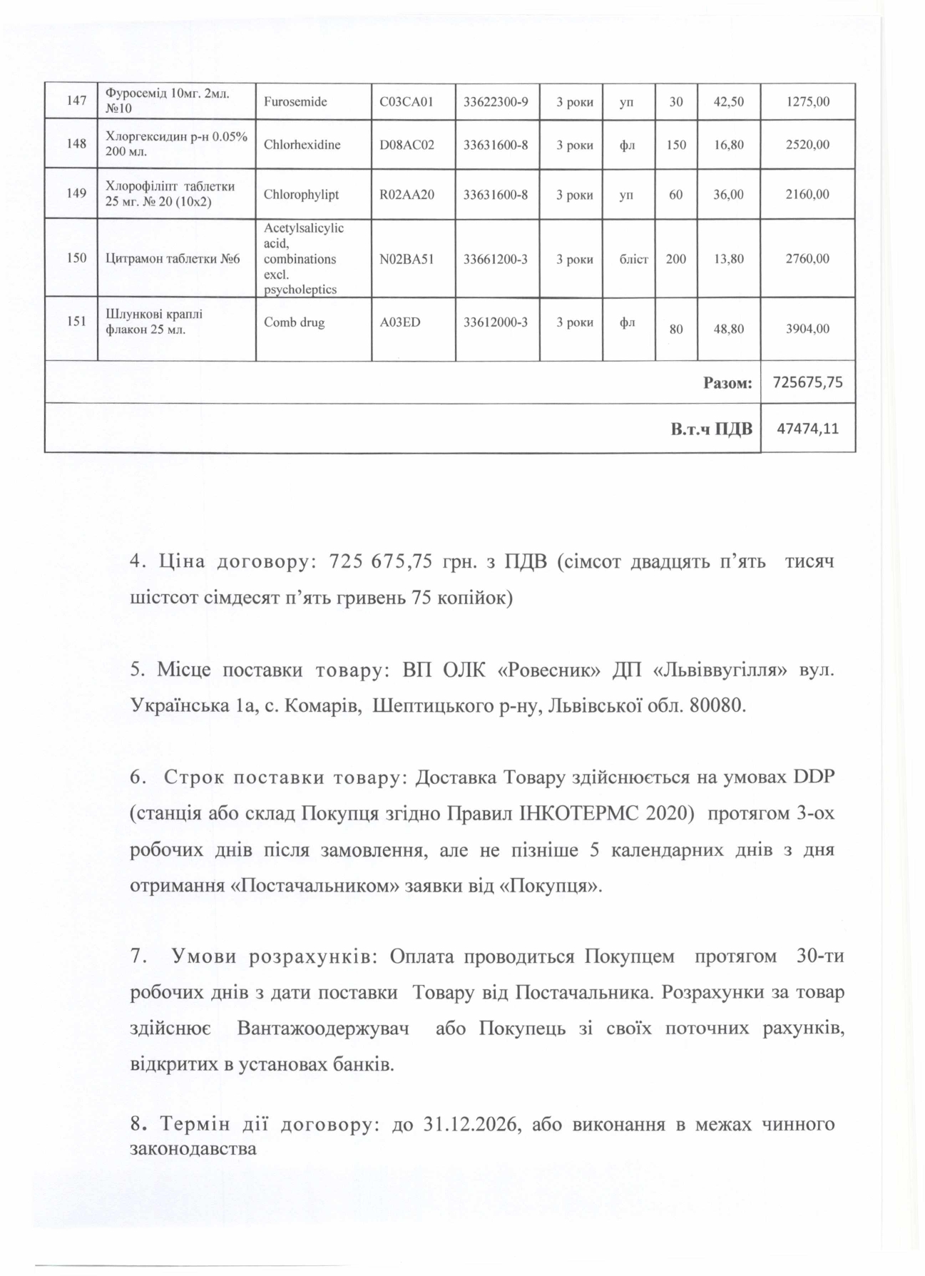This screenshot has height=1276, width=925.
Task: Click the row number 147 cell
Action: [76, 101]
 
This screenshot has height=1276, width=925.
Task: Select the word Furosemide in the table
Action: [295, 101]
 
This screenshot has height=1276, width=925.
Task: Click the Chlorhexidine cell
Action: [302, 144]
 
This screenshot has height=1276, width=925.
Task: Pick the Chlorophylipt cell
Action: [302, 194]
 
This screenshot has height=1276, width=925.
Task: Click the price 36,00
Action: [729, 194]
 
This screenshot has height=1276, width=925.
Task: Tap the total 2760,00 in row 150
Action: [807, 259]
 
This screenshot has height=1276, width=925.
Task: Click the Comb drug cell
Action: [294, 322]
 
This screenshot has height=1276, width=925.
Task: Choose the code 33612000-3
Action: [496, 322]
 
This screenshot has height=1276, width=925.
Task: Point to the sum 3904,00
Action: [807, 329]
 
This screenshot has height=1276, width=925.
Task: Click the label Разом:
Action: [727, 383]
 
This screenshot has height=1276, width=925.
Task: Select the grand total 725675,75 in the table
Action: [809, 382]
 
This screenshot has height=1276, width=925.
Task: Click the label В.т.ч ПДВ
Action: [711, 429]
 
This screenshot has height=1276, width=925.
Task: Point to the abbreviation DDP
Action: [813, 777]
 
